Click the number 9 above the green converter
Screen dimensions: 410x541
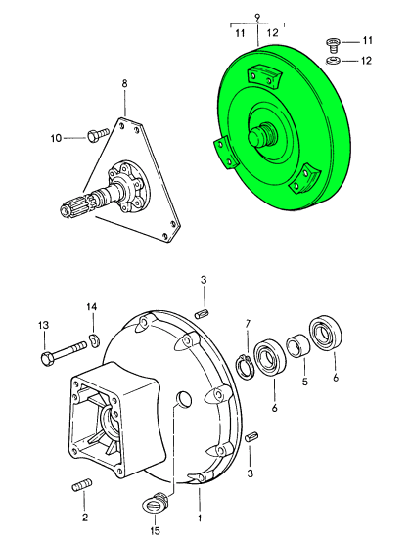[x=257, y=17]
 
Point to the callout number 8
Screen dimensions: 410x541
[x=124, y=83]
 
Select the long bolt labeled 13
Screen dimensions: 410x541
[x=64, y=352]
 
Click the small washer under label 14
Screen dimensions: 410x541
[x=94, y=339]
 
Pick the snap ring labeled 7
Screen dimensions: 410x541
[x=244, y=368]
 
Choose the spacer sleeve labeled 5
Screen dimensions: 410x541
[x=298, y=345]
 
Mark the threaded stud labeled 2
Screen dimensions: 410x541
[x=82, y=485]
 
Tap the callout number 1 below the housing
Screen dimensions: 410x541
[x=200, y=518]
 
